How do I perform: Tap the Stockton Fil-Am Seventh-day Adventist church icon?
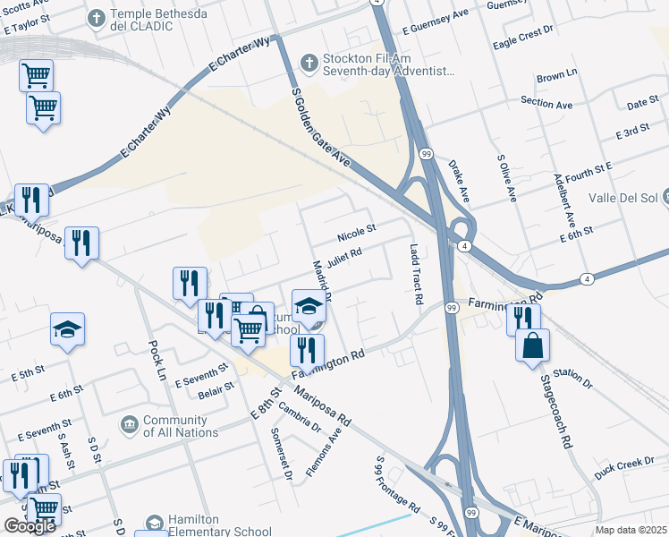coord(309,63)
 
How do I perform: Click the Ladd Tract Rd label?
coord(415,275)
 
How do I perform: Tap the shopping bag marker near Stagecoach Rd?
coord(532,345)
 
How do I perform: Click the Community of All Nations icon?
coord(129,422)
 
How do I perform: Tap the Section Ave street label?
coord(546,104)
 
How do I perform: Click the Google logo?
coord(30,525)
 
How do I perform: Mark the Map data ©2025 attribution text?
coord(631,530)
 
